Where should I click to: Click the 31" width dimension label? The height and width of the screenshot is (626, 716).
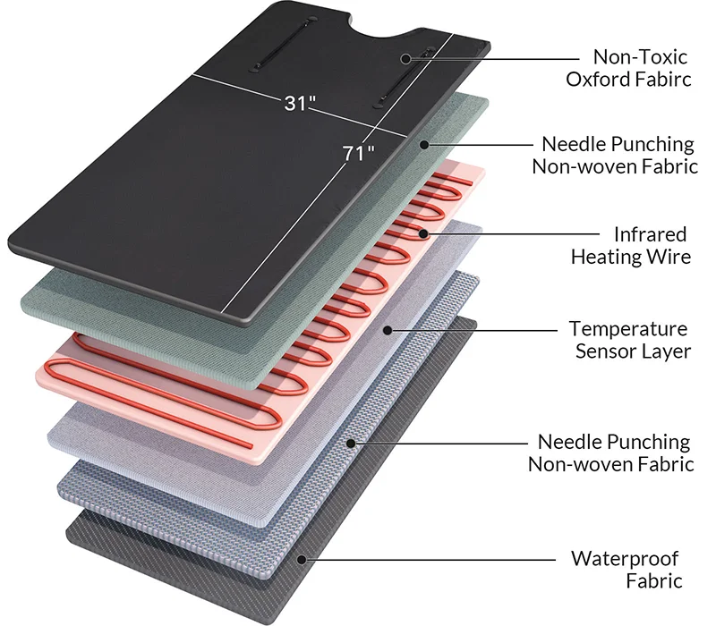pos(300,103)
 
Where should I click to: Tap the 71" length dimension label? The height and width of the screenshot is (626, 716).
pos(359,153)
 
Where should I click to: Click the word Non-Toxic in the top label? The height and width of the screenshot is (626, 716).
pos(640,57)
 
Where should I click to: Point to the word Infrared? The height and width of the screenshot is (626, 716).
pos(651,234)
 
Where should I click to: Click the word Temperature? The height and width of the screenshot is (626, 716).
pos(628,329)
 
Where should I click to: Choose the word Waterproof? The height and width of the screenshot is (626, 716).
pos(625,559)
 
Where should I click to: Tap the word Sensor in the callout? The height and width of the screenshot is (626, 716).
pos(605,351)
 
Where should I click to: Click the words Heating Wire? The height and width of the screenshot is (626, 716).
pos(631,257)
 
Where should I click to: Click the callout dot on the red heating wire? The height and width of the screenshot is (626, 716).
pos(423,234)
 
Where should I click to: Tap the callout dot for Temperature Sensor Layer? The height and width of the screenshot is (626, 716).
pos(388,330)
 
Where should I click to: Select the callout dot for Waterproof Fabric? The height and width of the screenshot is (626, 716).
pos(302,560)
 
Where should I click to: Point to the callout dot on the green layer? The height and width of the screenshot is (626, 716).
pos(424,145)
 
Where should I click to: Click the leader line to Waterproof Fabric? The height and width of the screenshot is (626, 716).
pos(430,560)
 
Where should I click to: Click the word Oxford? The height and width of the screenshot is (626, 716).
pos(592,79)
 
